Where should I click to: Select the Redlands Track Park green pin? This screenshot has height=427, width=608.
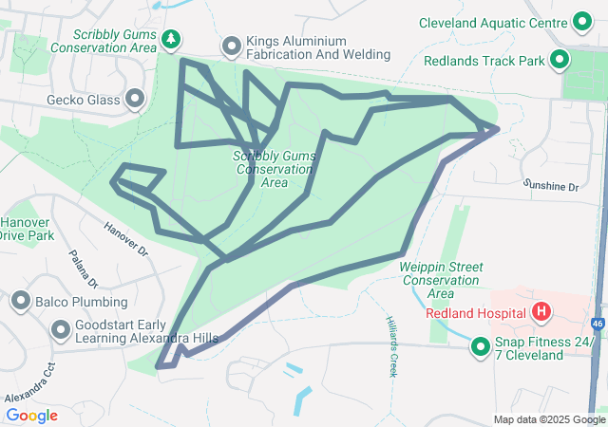[x=560, y=61]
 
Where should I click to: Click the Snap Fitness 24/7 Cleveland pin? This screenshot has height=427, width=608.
[x=480, y=348]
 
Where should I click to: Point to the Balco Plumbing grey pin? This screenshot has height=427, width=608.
[x=21, y=302]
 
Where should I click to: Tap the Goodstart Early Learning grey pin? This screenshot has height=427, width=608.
[x=62, y=329]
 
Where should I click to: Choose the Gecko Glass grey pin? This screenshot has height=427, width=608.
[x=134, y=98]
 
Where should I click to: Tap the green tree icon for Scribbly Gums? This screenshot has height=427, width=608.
[x=171, y=39]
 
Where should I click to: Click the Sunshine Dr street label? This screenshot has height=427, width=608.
[x=552, y=188]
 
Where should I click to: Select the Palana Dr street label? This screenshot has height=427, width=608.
[x=84, y=269]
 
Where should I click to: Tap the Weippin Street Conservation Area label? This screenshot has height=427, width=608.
[x=440, y=274]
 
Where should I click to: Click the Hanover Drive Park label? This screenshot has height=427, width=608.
[x=26, y=228]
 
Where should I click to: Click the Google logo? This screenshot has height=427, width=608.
[x=31, y=415]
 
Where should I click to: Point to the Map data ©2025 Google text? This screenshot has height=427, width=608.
[x=549, y=419]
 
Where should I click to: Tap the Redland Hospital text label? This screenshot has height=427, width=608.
[x=476, y=312]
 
